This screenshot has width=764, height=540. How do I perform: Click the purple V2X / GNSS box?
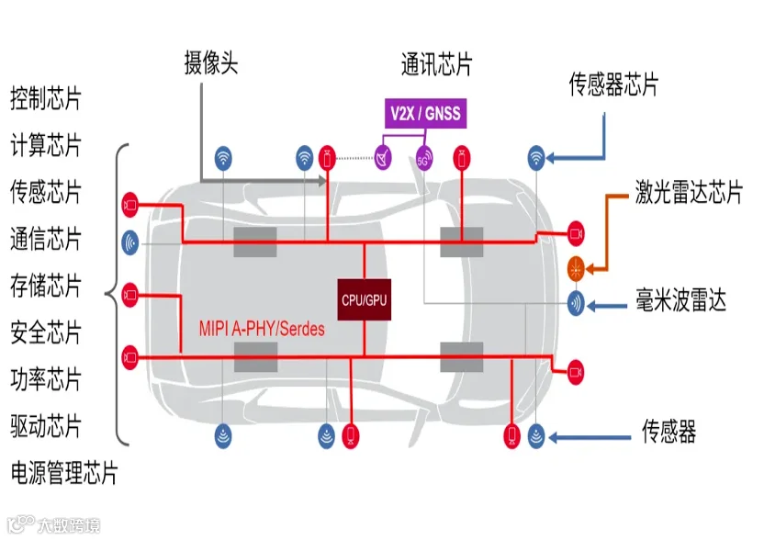click(425, 114)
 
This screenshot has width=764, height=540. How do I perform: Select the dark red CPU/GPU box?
click(365, 299)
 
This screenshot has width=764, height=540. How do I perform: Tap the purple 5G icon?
click(424, 159)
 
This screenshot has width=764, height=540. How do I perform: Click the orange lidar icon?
click(576, 268)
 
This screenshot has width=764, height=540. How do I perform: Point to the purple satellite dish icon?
click(383, 158)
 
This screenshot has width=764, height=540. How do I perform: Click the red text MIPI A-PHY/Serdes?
click(262, 329)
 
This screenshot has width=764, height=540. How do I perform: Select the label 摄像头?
click(211, 62)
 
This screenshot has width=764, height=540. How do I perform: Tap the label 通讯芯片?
click(436, 64)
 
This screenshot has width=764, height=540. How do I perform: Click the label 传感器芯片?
click(613, 84)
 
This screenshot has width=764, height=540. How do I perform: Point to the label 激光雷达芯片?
click(689, 192)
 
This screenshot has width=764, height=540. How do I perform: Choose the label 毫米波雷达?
click(680, 299)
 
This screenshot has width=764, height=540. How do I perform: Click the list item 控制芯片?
click(45, 98)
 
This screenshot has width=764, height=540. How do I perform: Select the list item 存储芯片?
click(45, 286)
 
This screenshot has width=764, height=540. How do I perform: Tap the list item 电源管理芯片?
click(64, 473)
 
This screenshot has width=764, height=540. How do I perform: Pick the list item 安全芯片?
click(45, 332)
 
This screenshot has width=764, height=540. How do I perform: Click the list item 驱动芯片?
click(45, 426)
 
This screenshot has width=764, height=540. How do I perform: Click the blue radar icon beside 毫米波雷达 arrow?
click(576, 303)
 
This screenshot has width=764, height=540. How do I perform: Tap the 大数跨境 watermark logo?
click(53, 525)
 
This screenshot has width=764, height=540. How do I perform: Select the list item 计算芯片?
click(45, 145)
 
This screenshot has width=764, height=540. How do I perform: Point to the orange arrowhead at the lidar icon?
click(590, 268)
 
